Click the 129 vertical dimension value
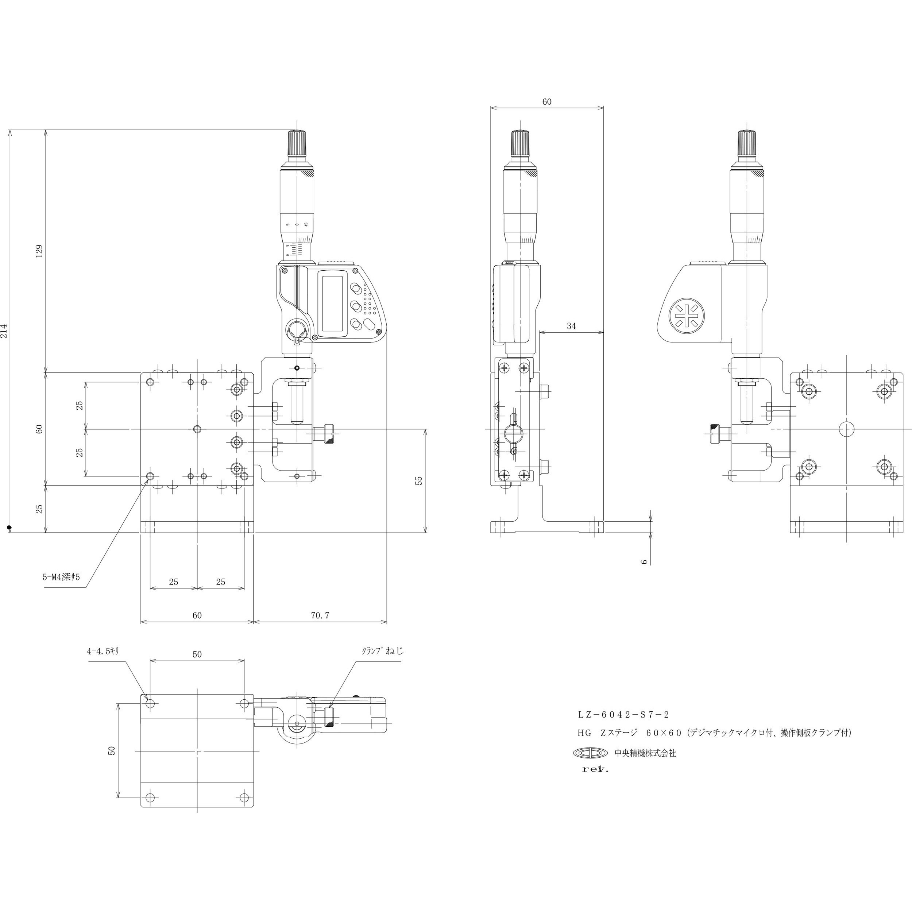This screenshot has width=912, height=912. pyautogui.click(x=40, y=250)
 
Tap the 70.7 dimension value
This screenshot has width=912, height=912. pyautogui.click(x=320, y=615)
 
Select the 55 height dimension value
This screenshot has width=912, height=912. pyautogui.click(x=418, y=480)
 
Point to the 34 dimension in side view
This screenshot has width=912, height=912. pyautogui.click(x=571, y=326)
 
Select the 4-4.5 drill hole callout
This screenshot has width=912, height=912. pyautogui.click(x=103, y=651)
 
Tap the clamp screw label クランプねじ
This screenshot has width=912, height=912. pyautogui.click(x=382, y=651)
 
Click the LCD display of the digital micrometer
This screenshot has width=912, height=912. pyautogui.click(x=332, y=302)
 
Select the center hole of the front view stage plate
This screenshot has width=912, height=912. pyautogui.click(x=197, y=429)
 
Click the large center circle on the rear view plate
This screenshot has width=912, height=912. pyautogui.click(x=847, y=429)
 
